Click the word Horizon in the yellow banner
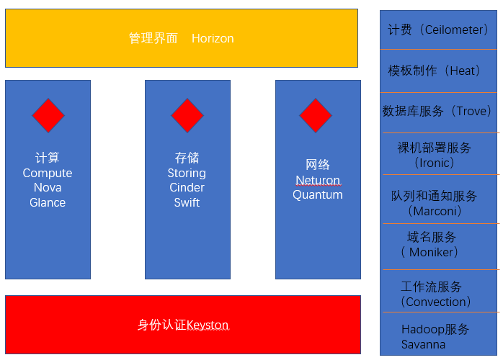pos(213,39)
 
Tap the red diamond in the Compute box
pos(48,115)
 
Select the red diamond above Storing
pos(187,115)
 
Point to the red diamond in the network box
pos(316,115)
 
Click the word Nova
pos(48,188)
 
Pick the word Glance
pos(48,202)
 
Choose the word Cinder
pos(187,188)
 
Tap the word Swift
pos(187,202)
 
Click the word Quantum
pos(318,194)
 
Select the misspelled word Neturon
pos(318,180)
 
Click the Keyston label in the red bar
pos(207,325)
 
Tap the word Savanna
pos(423,344)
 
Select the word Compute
pos(48,174)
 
